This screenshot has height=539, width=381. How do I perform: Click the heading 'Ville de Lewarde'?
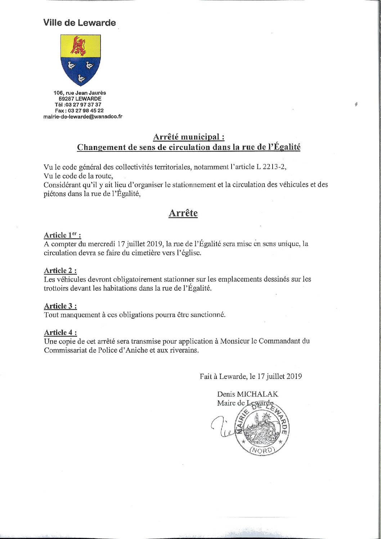80,23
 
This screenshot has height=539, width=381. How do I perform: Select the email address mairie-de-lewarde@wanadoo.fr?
82,116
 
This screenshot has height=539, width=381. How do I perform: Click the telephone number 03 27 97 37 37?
85,105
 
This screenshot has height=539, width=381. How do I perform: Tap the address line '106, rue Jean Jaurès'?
80,93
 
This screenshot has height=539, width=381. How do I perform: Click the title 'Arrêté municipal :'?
189,137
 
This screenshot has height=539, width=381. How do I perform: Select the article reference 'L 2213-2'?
275,167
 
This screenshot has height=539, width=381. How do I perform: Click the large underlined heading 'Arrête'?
183,213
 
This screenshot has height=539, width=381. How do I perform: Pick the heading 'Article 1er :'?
62,235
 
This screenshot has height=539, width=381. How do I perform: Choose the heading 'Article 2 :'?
60,270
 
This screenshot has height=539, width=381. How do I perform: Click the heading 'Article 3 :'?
60,306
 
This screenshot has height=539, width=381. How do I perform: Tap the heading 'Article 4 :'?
60,332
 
